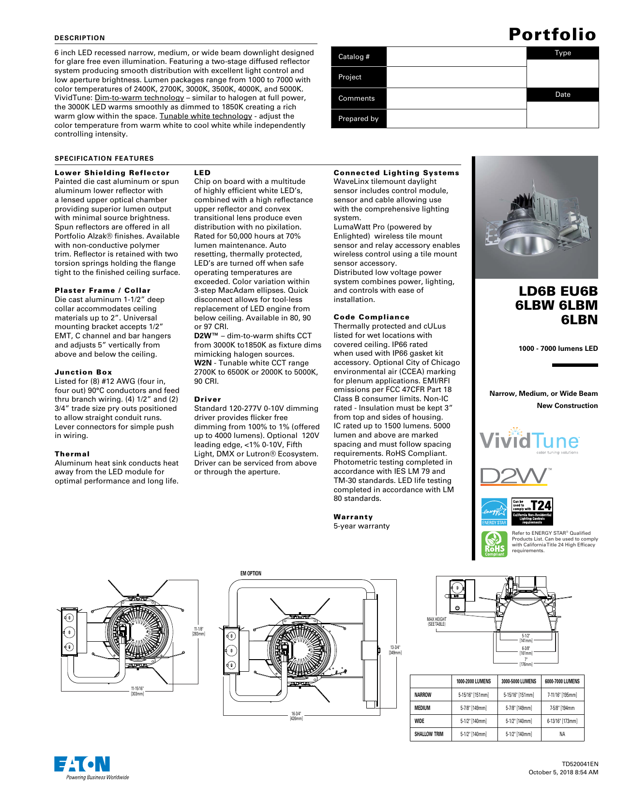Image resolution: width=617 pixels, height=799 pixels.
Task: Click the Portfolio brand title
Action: (x=552, y=34)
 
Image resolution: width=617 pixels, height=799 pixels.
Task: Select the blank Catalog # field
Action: (x=456, y=57)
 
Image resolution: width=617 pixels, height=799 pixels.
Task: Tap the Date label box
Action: (x=562, y=94)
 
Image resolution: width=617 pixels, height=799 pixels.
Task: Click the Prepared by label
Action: (x=359, y=119)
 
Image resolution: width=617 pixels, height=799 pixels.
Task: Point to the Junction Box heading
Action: (x=83, y=372)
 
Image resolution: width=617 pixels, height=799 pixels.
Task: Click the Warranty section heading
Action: (x=353, y=517)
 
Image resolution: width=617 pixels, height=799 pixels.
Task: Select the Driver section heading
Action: (x=208, y=399)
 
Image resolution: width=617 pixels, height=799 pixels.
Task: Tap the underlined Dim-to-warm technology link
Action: (x=146, y=98)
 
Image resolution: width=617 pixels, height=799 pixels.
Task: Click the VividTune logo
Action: (x=529, y=440)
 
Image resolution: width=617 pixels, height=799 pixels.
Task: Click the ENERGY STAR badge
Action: (x=494, y=512)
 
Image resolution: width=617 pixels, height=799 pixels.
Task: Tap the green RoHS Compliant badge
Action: (x=494, y=544)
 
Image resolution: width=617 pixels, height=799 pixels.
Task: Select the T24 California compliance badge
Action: (x=532, y=512)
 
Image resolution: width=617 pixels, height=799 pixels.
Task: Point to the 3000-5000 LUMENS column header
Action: (x=519, y=681)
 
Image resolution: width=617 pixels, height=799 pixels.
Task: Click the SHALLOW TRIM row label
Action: (x=429, y=734)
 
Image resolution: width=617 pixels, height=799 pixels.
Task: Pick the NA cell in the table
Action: (x=562, y=734)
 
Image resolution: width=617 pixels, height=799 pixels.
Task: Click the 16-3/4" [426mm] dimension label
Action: (x=296, y=716)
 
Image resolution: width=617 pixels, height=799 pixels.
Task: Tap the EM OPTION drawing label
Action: (x=251, y=573)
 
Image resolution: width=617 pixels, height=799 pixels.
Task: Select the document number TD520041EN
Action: (x=580, y=764)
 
